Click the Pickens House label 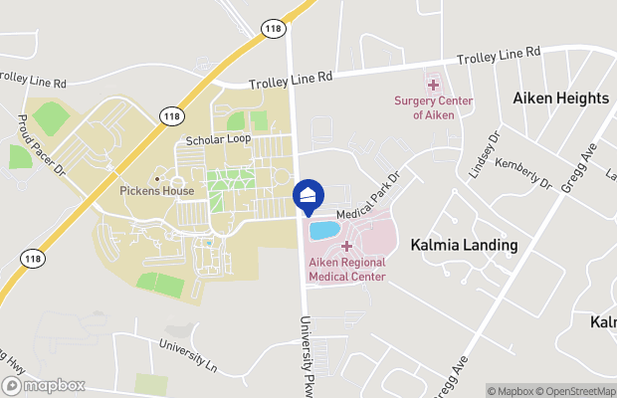[156, 191]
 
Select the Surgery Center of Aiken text [433, 107]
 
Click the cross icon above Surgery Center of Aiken [433, 86]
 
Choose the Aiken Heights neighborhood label [560, 99]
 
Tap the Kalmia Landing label [465, 244]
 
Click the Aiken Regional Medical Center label [346, 269]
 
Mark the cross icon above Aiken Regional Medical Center [346, 246]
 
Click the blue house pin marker [308, 197]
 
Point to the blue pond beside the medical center [324, 231]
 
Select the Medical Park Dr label [366, 198]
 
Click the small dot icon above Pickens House [156, 178]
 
